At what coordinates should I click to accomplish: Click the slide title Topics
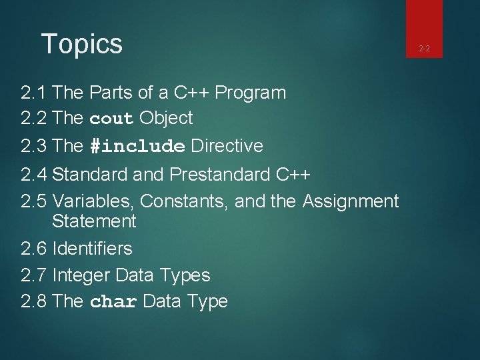click(x=82, y=45)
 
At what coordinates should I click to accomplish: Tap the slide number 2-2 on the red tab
click(x=423, y=48)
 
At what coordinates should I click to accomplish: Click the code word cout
click(x=111, y=119)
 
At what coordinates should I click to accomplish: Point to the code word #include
click(x=137, y=146)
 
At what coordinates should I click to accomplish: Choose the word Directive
click(x=227, y=146)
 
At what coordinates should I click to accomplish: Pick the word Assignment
click(x=351, y=201)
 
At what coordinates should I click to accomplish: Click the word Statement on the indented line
click(x=94, y=221)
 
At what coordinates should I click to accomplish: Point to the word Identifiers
click(x=92, y=249)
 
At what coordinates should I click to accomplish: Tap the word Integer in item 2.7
click(x=81, y=275)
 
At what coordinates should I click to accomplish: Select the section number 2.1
click(x=33, y=93)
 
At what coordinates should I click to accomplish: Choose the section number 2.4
click(x=33, y=175)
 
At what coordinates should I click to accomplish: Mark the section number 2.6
click(x=33, y=249)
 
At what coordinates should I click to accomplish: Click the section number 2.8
click(x=33, y=302)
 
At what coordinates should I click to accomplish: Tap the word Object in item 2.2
click(x=166, y=119)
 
